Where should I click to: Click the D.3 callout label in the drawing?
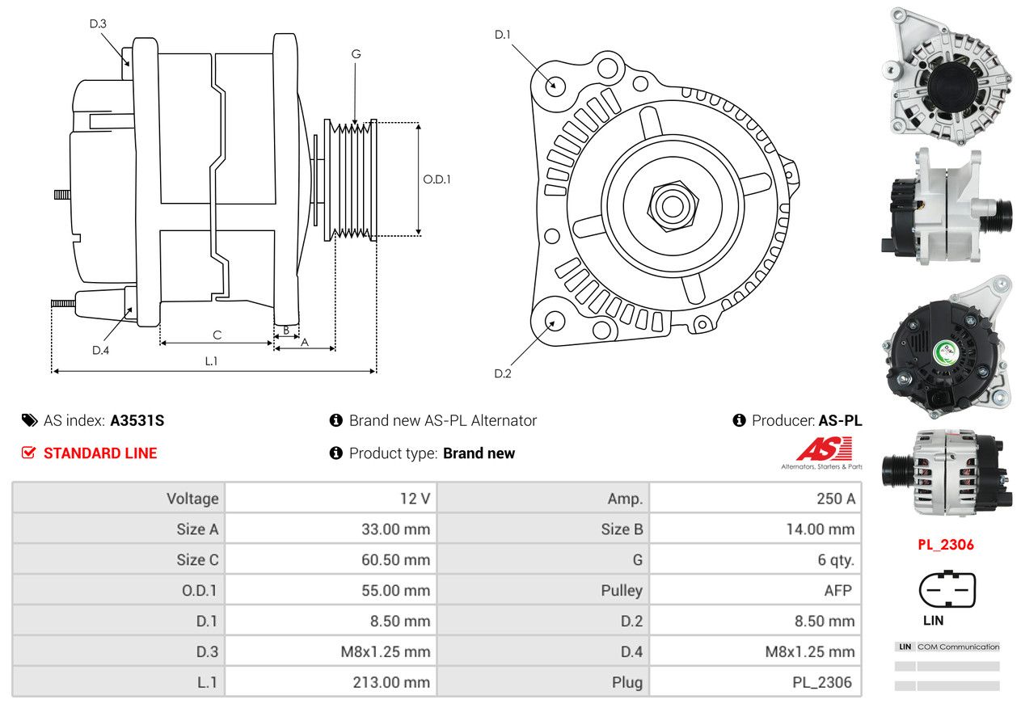coord(98,23)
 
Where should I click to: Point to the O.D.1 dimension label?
coord(437,179)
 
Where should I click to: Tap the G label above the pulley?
coord(356,54)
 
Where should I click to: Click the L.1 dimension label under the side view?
coord(211,361)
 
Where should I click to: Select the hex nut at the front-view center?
coord(673,207)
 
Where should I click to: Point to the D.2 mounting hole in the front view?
coord(555,321)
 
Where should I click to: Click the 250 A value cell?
coord(835,499)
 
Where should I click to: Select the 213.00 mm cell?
coord(391,682)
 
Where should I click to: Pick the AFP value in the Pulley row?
coord(837,591)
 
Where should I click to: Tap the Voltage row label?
coord(192,499)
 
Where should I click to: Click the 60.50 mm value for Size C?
coord(395,559)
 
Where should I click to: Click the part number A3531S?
coord(137,420)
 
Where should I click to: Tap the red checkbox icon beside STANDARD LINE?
coord(29,453)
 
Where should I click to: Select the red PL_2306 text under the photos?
coord(946,545)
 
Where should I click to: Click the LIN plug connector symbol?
coord(947,588)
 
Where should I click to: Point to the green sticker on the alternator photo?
coord(947,352)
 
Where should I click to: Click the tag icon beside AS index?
coord(30,420)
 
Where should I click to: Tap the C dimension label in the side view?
coord(217,335)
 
